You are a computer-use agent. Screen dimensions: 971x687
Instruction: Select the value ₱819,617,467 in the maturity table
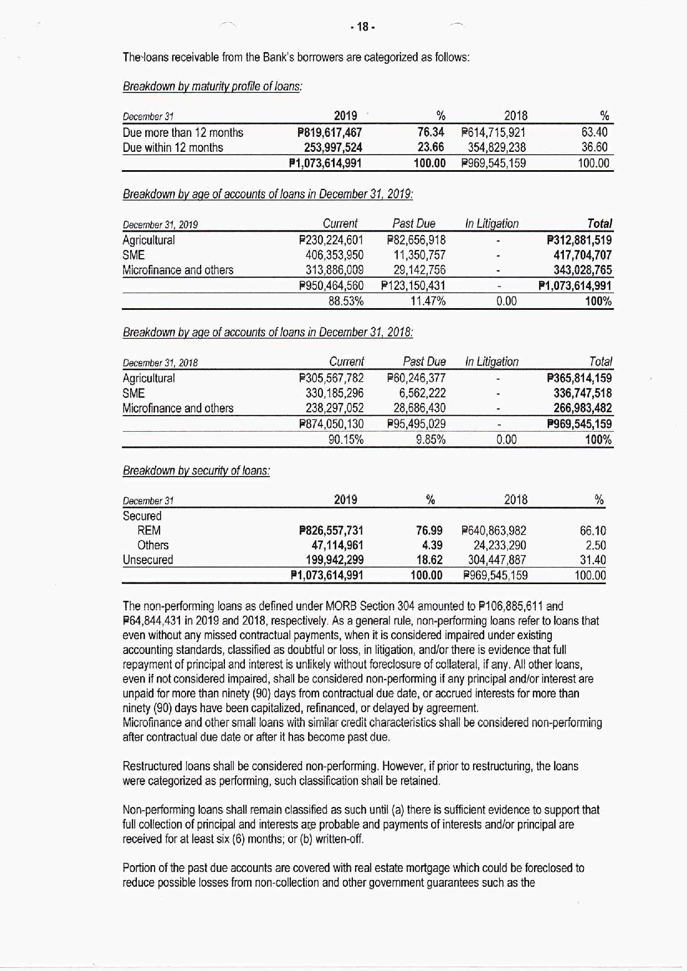[330, 132]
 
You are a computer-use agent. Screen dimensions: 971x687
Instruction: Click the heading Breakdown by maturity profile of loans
[212, 87]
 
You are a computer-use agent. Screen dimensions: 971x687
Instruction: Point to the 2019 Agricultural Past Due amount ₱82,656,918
[416, 240]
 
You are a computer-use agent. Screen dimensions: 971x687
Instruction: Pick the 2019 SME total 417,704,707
[582, 255]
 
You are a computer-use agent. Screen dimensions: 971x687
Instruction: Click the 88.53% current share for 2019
[346, 301]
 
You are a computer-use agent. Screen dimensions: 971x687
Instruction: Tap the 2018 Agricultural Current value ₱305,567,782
[331, 378]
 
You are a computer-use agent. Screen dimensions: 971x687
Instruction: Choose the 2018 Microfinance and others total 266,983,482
[582, 408]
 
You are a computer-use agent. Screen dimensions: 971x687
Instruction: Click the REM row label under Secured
[149, 530]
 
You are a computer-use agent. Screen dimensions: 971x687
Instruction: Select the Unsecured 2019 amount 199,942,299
[335, 560]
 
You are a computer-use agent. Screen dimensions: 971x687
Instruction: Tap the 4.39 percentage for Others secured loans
[432, 545]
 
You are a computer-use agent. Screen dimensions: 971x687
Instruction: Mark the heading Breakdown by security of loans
[196, 471]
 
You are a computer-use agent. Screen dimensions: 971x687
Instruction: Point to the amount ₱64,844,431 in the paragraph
[153, 621]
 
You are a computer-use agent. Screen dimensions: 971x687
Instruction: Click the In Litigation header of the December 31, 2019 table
[491, 224]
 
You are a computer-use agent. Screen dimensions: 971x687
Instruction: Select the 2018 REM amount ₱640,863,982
[494, 530]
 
